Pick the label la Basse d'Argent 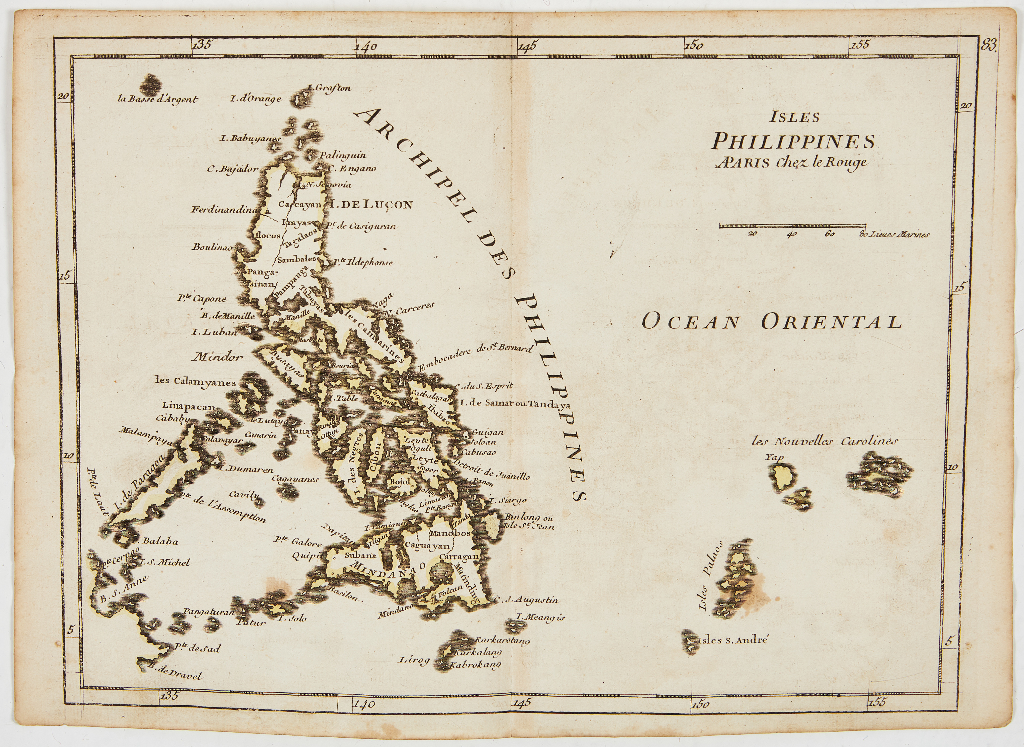click(158, 99)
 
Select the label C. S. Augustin click(526, 600)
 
